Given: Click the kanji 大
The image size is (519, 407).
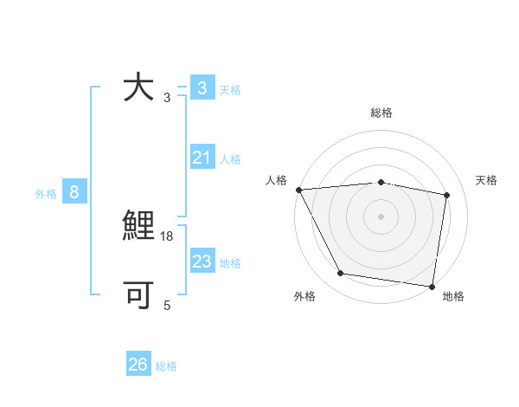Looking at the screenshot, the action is pos(138,87).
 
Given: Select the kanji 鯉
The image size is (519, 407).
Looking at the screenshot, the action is pos(138,227).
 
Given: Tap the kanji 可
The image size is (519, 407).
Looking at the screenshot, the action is pos(138,295).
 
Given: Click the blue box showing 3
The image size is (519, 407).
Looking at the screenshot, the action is pos(202,88).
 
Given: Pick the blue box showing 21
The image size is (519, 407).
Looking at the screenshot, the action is pos(202,158).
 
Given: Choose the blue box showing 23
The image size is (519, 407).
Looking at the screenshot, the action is pos(202,262).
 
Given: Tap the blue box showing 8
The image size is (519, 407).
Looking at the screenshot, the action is pos(74,192).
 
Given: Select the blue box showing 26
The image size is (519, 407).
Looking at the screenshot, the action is pos(138,365).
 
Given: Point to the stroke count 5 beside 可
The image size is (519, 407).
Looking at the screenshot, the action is pos(167,305).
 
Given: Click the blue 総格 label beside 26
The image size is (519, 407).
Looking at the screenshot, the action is pos(166,366).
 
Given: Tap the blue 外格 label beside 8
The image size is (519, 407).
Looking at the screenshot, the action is pos(46,194).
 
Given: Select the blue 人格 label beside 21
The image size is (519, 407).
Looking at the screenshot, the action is pos(230,159).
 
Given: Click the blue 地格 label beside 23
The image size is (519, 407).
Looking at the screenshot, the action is pos(230,263).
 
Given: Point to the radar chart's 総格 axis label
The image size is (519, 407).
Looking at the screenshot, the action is pos(381,113).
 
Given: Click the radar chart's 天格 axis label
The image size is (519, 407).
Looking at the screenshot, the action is pos(487,180).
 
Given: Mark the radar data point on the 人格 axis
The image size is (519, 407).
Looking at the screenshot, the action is pos(298,190).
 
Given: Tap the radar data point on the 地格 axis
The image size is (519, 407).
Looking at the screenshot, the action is pos(432,286).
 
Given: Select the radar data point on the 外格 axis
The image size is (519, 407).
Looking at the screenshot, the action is pos(341,274).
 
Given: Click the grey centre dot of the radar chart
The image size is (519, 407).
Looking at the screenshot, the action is pos(381,216).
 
